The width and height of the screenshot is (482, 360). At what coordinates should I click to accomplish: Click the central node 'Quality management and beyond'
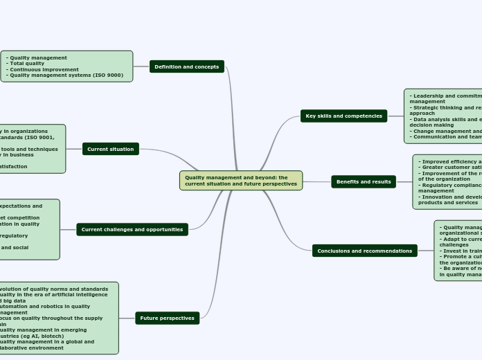(x=240, y=181)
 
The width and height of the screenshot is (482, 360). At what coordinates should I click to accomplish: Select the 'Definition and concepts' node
(x=186, y=67)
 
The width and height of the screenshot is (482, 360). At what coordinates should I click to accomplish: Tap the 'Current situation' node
(x=110, y=149)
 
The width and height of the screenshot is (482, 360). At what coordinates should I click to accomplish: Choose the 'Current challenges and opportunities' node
(x=132, y=229)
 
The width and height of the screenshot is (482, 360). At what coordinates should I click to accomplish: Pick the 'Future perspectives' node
(x=167, y=318)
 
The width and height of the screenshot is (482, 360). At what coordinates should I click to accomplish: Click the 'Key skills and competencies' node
(x=343, y=116)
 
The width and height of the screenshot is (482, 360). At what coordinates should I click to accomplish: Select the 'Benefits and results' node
(x=364, y=182)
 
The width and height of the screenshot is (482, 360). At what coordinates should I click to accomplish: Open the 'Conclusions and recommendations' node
(x=364, y=251)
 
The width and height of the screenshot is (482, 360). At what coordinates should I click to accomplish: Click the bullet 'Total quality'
(x=28, y=64)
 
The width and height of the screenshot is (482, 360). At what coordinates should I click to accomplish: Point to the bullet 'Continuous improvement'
(x=44, y=69)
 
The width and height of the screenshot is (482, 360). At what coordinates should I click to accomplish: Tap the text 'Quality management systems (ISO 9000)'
(x=66, y=75)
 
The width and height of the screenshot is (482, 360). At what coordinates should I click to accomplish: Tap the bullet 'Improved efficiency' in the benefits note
(x=450, y=161)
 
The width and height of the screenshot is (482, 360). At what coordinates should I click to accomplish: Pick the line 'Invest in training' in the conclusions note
(x=461, y=250)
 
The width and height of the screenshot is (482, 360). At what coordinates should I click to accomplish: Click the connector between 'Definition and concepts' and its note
(x=141, y=66)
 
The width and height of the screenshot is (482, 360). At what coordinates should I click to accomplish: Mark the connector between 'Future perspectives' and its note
(x=127, y=318)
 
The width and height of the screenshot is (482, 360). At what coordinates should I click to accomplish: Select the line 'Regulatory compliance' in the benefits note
(x=450, y=185)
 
